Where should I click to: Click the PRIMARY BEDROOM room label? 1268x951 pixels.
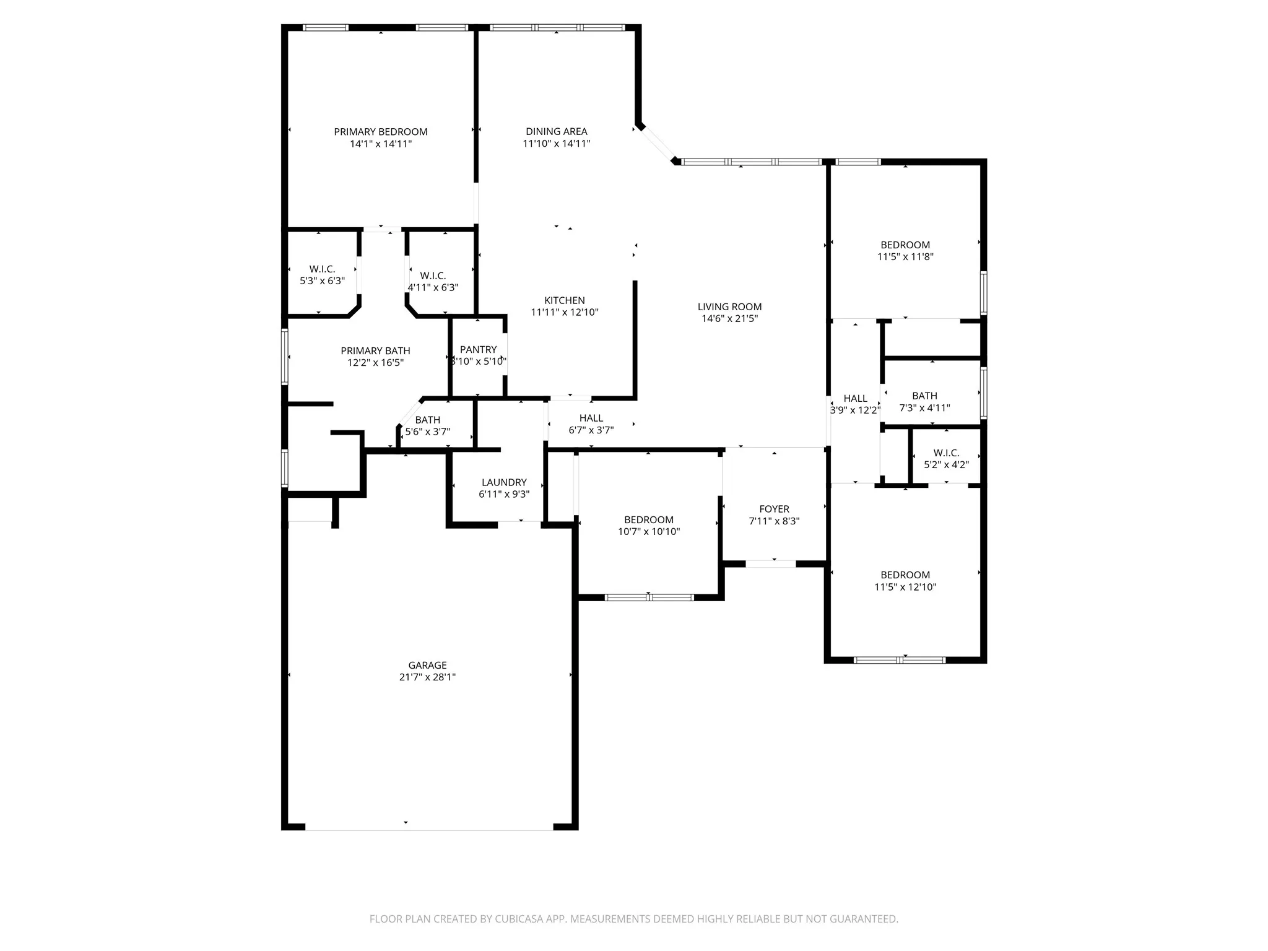(x=381, y=132)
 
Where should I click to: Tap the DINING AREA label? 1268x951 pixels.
(x=557, y=131)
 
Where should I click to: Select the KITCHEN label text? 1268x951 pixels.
(x=565, y=300)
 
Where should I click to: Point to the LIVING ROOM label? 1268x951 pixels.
(x=729, y=306)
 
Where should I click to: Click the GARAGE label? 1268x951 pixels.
(x=427, y=666)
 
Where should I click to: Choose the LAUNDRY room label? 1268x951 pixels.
(x=504, y=482)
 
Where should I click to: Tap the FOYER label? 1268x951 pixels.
(x=774, y=509)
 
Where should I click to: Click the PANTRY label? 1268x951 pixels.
(x=478, y=349)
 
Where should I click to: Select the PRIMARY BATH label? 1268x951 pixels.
(x=375, y=351)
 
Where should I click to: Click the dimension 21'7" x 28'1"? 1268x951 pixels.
(x=427, y=677)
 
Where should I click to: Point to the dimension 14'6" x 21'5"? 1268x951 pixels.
(x=729, y=319)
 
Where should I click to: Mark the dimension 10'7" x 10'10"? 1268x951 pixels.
(x=649, y=532)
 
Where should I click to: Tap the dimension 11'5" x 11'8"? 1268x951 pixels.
(x=905, y=257)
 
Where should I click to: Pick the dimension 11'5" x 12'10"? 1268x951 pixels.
(x=905, y=588)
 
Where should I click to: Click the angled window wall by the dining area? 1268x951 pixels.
(x=658, y=145)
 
